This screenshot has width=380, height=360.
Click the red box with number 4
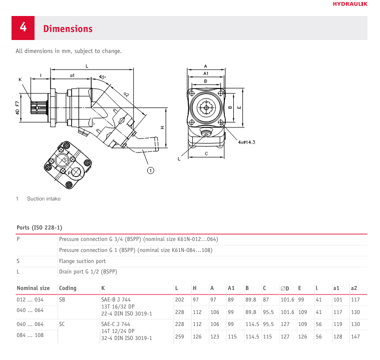pyautogui.click(x=23, y=28)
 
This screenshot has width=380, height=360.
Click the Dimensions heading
pyautogui.click(x=68, y=29)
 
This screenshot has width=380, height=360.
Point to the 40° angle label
pyautogui.click(x=103, y=77)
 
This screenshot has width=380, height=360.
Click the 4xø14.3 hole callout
pyautogui.click(x=246, y=142)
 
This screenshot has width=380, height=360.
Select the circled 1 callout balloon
pyautogui.click(x=150, y=170)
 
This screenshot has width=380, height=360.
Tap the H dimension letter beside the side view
pyautogui.click(x=162, y=127)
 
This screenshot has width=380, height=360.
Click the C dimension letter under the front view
pyautogui.click(x=206, y=153)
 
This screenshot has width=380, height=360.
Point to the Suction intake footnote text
pyautogui.click(x=44, y=199)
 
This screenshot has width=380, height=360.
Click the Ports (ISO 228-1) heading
pyautogui.click(x=40, y=227)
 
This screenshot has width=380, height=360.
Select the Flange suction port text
pyautogui.click(x=82, y=260)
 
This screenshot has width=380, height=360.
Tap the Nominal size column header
pyautogui.click(x=33, y=288)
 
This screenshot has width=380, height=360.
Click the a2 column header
pyautogui.click(x=353, y=288)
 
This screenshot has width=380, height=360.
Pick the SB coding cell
pyautogui.click(x=62, y=299)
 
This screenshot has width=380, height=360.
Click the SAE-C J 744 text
pyautogui.click(x=116, y=324)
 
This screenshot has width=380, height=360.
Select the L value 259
pyautogui.click(x=180, y=336)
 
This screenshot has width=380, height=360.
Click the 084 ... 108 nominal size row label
pyautogui.click(x=31, y=335)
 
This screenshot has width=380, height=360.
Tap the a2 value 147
pyautogui.click(x=355, y=336)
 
